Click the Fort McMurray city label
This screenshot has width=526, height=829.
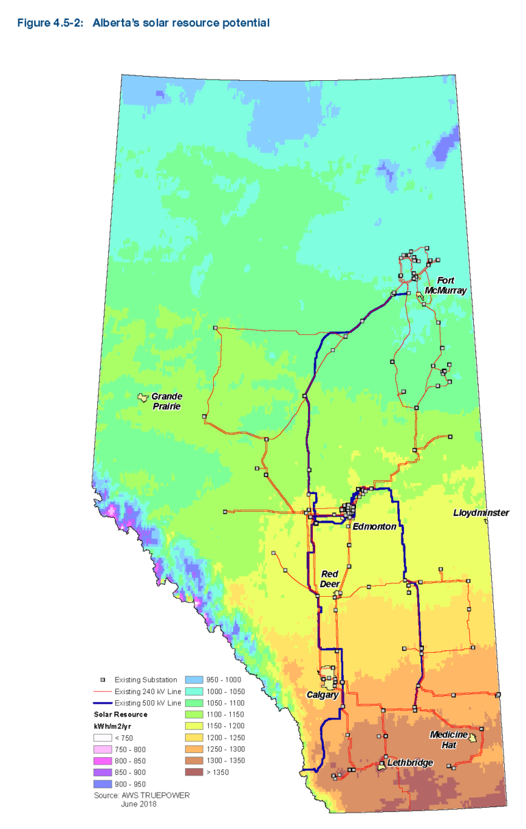click(445, 285)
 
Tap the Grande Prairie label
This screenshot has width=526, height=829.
click(166, 401)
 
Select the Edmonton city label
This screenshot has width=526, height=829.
click(374, 526)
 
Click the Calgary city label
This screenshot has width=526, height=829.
click(322, 695)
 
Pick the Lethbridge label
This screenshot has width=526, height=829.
click(410, 763)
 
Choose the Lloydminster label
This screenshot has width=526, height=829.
click(481, 512)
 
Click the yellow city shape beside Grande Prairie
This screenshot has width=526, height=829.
click(143, 397)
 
